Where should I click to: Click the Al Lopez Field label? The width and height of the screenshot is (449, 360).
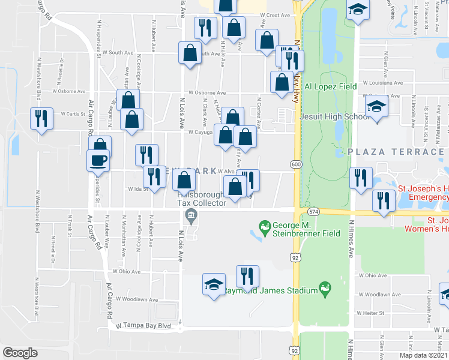pos(331,86)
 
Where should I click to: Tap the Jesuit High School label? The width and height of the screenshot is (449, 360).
pos(335,116)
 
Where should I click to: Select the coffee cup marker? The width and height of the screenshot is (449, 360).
pos(98,161)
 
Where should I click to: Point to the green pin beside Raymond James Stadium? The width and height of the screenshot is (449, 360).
pos(325,288)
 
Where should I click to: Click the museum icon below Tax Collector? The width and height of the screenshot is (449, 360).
pos(191,216)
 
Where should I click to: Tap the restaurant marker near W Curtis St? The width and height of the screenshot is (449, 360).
pos(41,118)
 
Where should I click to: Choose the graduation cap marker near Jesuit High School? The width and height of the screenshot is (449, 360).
pos(376,107)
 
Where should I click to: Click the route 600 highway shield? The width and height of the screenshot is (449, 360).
pos(296,164)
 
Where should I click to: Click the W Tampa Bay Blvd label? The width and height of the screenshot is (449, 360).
pos(143,326)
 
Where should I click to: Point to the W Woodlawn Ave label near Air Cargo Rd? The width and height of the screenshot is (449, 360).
pos(137,299)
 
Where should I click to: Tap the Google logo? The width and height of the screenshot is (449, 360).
pos(20,352)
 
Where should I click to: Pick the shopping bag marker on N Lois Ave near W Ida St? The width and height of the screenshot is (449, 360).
pos(184,179)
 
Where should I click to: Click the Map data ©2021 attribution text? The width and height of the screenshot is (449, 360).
pos(423,355)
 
